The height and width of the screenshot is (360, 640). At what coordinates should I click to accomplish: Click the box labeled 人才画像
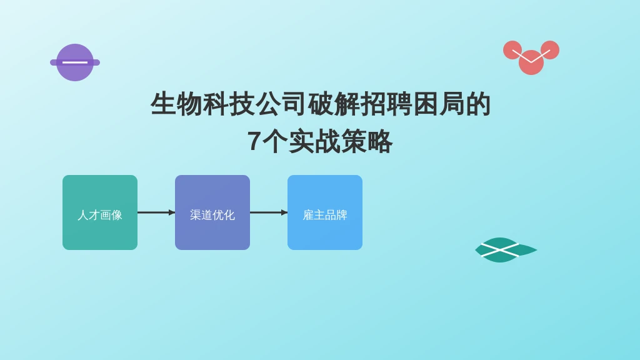[100, 212]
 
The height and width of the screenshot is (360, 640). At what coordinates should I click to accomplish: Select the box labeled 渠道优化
[212, 212]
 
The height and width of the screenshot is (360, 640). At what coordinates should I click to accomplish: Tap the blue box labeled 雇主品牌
[325, 212]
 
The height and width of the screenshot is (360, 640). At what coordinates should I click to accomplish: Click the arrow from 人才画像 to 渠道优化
[156, 212]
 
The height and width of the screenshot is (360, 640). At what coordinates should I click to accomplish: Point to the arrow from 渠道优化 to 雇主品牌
[269, 212]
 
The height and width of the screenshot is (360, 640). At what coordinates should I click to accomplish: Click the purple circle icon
[75, 62]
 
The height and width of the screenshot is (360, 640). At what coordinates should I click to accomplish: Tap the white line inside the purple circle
[75, 62]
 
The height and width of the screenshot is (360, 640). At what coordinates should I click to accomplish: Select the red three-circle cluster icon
[531, 57]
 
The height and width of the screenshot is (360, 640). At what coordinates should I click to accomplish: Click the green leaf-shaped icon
[506, 250]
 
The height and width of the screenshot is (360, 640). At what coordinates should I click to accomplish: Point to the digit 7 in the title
[254, 141]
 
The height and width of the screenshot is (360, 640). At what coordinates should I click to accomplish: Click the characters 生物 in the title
[176, 104]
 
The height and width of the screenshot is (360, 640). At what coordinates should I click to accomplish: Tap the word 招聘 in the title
[385, 104]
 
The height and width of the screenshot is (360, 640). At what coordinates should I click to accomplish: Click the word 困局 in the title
[438, 104]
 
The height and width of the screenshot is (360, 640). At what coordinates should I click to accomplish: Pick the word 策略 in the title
[366, 141]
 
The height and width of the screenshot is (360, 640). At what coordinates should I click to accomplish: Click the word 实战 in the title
[314, 141]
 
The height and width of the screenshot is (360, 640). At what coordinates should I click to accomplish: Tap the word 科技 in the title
[229, 104]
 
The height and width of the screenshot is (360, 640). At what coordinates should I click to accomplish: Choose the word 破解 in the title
[333, 104]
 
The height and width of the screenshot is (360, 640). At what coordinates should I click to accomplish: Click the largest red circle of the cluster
[531, 62]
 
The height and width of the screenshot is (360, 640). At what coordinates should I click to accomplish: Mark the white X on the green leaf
[500, 250]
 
